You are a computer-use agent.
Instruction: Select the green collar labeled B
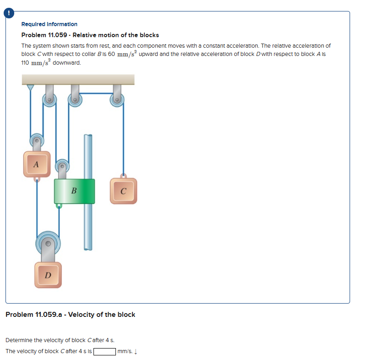[x=74, y=191]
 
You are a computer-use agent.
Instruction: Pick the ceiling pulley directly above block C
[x=117, y=100]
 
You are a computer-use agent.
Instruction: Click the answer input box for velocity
[x=104, y=352]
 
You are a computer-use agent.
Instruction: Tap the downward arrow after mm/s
[x=137, y=352]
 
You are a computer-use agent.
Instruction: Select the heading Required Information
[x=49, y=24]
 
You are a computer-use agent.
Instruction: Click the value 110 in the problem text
[x=26, y=62]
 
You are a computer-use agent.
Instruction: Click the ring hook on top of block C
[x=123, y=176]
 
